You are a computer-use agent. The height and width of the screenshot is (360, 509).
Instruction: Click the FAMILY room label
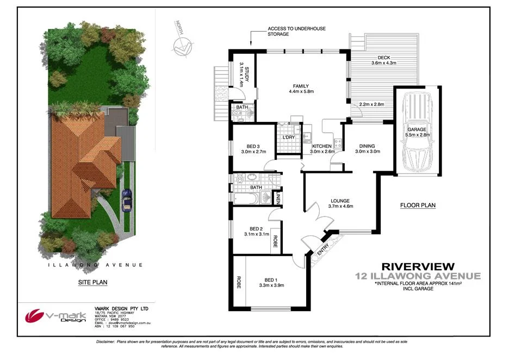(301, 86)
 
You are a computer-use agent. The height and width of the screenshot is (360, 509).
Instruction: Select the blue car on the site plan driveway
(127, 200)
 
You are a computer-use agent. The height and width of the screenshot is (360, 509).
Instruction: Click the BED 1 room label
(272, 279)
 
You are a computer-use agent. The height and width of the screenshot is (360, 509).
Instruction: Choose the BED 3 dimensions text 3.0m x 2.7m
(253, 152)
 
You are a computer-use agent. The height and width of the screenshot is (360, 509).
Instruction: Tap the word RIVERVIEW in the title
(418, 266)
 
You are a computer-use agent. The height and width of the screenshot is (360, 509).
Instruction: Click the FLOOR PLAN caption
(418, 206)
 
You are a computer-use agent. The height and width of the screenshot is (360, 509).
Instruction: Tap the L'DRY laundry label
(288, 137)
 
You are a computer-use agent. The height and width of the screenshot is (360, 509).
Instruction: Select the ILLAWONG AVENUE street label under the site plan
(95, 265)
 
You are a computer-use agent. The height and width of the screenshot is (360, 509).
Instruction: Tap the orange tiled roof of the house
(82, 158)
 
